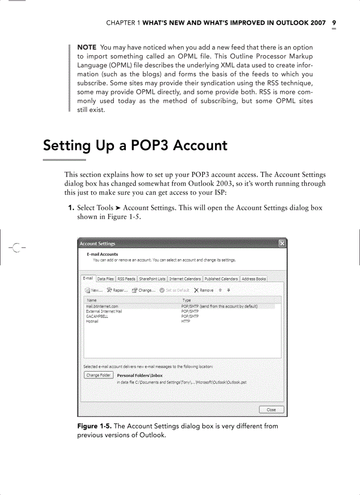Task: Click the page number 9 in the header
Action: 334,23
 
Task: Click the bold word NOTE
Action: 87,47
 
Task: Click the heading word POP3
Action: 150,145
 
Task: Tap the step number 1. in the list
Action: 70,208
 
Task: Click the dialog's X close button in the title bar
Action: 282,243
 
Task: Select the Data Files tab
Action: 105,279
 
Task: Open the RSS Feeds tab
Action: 126,279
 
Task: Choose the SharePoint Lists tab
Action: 152,279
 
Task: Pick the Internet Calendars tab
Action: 185,279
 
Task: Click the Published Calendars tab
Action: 221,279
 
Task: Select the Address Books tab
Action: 254,279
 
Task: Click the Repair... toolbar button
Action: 117,290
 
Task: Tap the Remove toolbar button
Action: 204,290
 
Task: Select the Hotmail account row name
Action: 92,321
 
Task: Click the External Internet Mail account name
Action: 104,311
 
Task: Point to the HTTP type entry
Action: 185,321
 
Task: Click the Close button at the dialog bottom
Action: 271,410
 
